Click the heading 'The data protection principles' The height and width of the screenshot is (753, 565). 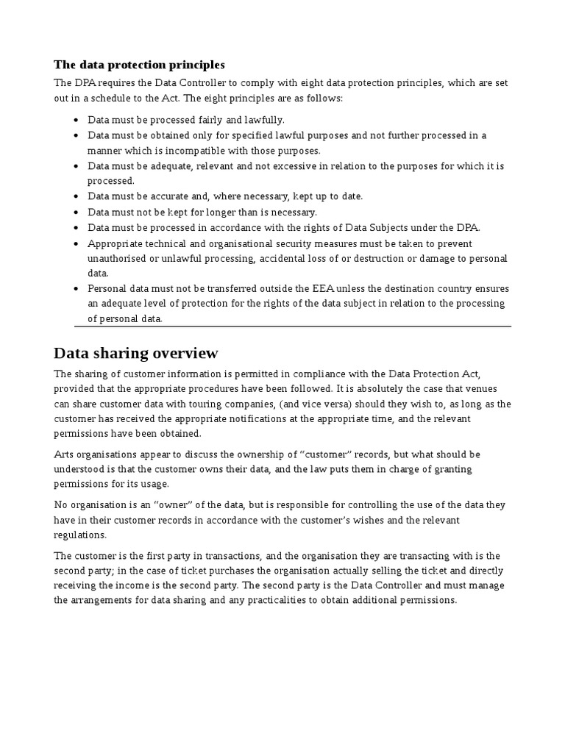click(139, 65)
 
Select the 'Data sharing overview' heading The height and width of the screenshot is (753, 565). click(136, 353)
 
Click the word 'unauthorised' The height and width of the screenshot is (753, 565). click(118, 258)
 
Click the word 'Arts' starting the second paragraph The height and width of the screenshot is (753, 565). click(64, 454)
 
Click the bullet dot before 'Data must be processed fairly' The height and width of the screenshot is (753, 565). click(77, 120)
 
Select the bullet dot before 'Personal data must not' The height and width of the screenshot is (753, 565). click(77, 289)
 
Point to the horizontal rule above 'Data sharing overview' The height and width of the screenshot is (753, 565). click(292, 326)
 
